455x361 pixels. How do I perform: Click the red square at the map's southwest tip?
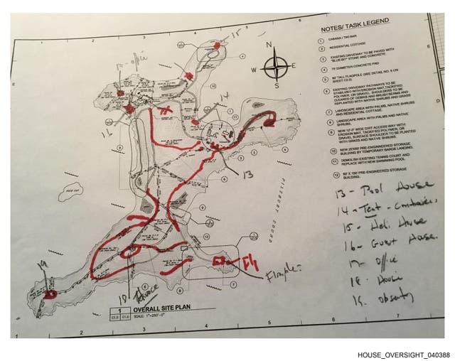[49, 292]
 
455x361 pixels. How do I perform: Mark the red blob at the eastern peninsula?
[269, 121]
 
